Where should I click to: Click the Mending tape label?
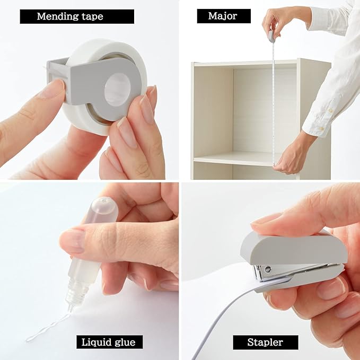69,16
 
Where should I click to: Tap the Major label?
222,16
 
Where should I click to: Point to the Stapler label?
265,342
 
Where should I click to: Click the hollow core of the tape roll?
118,89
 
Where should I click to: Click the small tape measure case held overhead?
271,36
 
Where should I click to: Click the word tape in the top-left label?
90,16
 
